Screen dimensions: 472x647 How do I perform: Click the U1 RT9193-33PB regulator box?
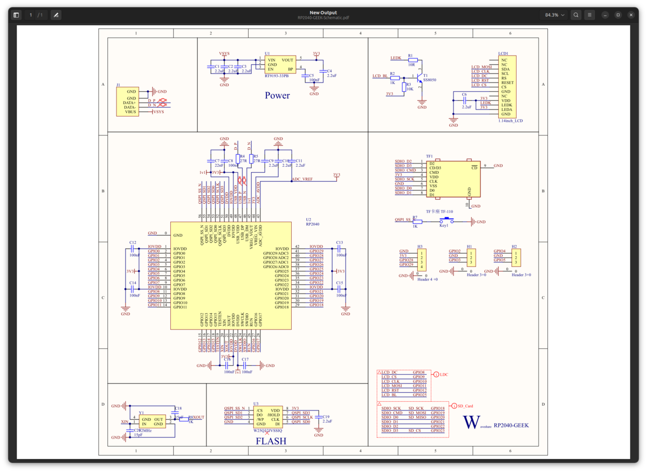click(279, 65)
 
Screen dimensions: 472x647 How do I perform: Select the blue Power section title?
click(277, 95)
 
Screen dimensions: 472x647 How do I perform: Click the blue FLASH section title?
click(271, 441)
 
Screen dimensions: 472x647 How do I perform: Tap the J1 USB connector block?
click(127, 102)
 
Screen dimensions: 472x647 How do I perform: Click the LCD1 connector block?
click(504, 87)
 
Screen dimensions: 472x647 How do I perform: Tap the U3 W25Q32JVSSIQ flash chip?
click(267, 417)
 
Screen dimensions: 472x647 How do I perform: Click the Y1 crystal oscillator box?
click(153, 421)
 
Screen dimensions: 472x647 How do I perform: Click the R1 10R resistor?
click(410, 60)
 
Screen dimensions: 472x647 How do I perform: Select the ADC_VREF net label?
click(302, 179)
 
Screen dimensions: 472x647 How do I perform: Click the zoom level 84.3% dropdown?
click(554, 15)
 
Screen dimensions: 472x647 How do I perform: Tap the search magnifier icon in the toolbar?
click(576, 15)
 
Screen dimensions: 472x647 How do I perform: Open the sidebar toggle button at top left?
click(16, 15)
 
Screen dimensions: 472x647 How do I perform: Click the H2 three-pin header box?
click(515, 257)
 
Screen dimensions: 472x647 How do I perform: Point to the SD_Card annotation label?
click(466, 406)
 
